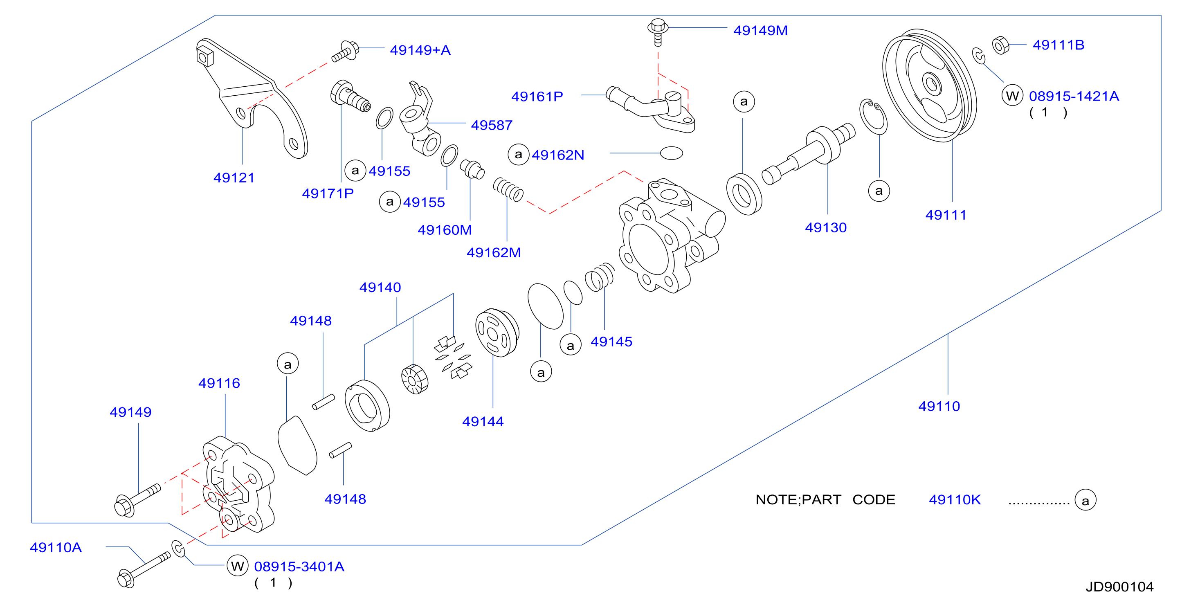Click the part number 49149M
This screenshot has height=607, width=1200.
pos(760,30)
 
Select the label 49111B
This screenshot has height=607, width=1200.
pos(1058,45)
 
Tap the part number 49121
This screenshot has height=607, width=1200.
pos(234,178)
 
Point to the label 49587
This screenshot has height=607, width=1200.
pos(492,125)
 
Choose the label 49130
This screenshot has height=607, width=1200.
pos(825,227)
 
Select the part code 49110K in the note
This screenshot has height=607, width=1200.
pos(955,499)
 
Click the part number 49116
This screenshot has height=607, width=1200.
pos(219,383)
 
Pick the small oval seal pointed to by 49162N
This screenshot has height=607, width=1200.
pos(671,153)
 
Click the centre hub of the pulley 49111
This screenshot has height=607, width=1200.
pos(931,85)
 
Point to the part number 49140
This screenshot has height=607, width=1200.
pos(380,287)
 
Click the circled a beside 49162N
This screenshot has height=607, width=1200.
pos(519,154)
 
